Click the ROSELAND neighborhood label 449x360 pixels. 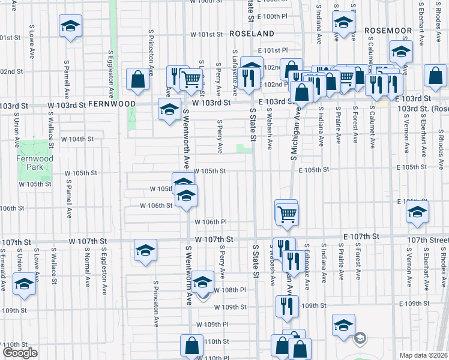pyautogui.click(x=251, y=34)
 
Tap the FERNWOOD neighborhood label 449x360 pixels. pyautogui.click(x=112, y=104)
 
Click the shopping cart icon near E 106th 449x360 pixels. pyautogui.click(x=288, y=212)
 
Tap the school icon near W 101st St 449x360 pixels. pyautogui.click(x=70, y=26)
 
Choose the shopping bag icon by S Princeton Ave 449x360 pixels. pyautogui.click(x=138, y=79)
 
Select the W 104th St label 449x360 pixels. pyautogui.click(x=77, y=139)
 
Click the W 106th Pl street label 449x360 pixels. pyautogui.click(x=210, y=222)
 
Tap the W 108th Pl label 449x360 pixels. pyautogui.click(x=231, y=290)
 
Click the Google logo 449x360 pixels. pyautogui.click(x=20, y=353)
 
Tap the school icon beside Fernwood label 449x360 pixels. pyautogui.click(x=169, y=110)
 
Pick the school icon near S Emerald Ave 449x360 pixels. pyautogui.click(x=24, y=284)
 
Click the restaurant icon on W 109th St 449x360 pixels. pyautogui.click(x=287, y=307)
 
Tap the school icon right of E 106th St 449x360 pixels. pyautogui.click(x=417, y=212)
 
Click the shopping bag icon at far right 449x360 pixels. pyautogui.click(x=435, y=76)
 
